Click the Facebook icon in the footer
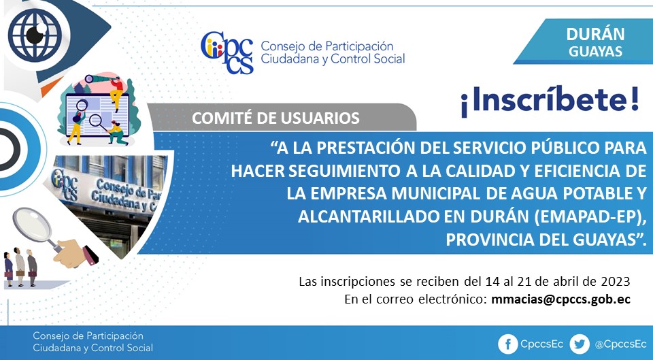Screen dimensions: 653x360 pyautogui.click(x=508, y=344)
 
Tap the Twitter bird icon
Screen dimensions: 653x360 pyautogui.click(x=580, y=344)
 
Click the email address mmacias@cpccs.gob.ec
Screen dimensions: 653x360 pyautogui.click(x=561, y=299)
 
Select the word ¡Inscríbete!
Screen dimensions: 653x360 pyautogui.click(x=550, y=103)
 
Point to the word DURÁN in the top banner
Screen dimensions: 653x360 pyautogui.click(x=595, y=34)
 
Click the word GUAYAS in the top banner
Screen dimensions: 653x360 pyautogui.click(x=596, y=51)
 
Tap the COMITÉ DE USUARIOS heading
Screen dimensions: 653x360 pyautogui.click(x=275, y=118)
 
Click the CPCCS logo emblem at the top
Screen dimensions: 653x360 pyautogui.click(x=227, y=52)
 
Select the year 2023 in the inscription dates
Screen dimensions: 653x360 pyautogui.click(x=615, y=282)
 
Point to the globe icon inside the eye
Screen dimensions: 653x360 pyautogui.click(x=35, y=35)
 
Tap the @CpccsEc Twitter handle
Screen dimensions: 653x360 pyautogui.click(x=620, y=344)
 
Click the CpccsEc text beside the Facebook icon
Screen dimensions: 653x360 pyautogui.click(x=542, y=344)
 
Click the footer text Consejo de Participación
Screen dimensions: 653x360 pyautogui.click(x=88, y=336)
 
